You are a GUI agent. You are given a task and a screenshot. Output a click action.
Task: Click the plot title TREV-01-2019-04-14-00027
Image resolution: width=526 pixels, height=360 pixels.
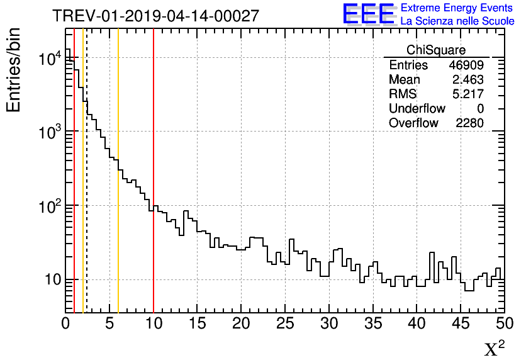(x=155, y=16)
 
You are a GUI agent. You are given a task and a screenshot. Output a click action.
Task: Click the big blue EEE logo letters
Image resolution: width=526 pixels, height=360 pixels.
(x=368, y=14)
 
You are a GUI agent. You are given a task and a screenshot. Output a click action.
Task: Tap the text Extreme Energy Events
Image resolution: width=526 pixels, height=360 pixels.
(x=457, y=8)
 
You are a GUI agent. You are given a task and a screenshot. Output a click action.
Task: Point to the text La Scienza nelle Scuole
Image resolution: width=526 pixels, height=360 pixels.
(x=457, y=21)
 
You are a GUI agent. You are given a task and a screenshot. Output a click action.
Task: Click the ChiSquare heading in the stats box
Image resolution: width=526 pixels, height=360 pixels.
(x=436, y=50)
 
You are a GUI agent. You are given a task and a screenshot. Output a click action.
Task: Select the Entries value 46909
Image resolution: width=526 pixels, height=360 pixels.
(x=466, y=65)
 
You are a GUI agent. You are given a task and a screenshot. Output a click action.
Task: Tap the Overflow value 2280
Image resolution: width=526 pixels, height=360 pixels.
(x=469, y=123)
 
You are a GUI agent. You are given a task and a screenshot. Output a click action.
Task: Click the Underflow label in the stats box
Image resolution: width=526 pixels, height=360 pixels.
(x=417, y=108)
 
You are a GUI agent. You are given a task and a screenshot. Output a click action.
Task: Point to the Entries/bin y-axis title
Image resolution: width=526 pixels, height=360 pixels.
(x=14, y=69)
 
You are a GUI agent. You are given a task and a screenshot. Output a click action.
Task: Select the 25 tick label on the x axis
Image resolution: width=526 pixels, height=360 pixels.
(x=286, y=324)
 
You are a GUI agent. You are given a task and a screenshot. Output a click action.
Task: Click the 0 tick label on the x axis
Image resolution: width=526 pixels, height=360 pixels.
(x=66, y=324)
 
